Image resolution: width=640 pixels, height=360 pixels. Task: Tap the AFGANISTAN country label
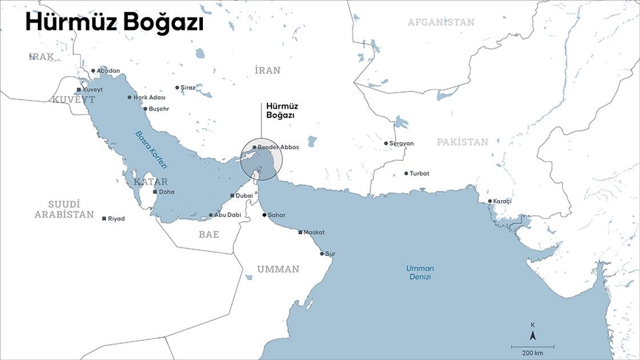click(441, 22)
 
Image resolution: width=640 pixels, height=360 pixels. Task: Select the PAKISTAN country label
click(462, 142)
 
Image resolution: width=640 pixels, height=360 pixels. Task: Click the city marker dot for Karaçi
click(490, 201)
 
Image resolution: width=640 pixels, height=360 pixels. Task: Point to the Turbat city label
click(419, 174)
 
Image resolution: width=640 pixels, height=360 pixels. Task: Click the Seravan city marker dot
click(386, 143)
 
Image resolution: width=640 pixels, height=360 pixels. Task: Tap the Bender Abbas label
click(278, 147)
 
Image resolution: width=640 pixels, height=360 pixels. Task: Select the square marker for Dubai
click(232, 196)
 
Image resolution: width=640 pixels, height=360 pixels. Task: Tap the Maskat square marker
click(300, 233)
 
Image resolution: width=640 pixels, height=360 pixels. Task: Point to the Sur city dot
click(322, 254)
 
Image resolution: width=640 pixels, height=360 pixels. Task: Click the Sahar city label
click(277, 215)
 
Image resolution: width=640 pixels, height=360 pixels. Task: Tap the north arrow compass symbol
click(532, 335)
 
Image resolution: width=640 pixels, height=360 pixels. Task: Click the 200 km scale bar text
click(533, 353)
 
